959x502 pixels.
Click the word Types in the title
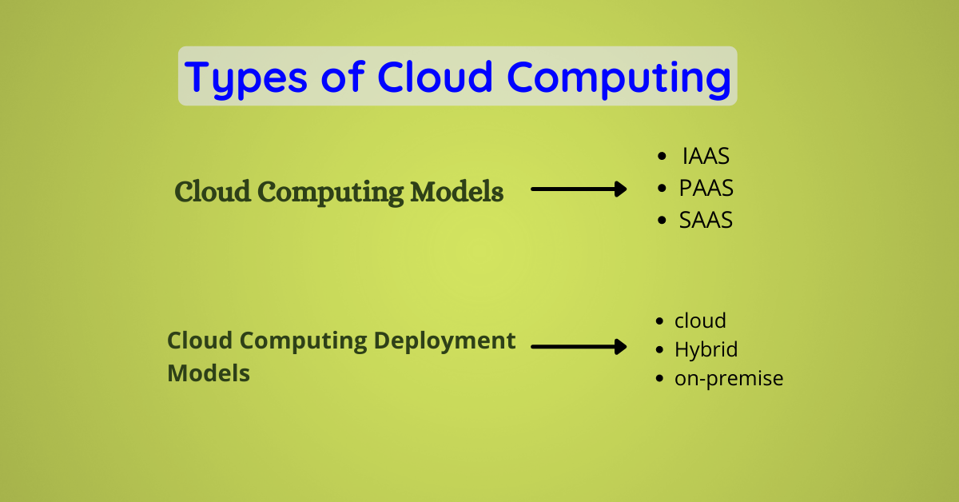246,79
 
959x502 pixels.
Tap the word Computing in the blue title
619,79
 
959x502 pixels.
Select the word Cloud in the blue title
435,77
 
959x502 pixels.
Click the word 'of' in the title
343,77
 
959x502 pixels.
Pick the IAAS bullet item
706,156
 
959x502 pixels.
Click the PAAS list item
706,188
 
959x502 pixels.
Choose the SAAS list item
706,220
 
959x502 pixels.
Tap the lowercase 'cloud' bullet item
700,321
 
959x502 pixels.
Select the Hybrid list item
706,349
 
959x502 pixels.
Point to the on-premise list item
729,379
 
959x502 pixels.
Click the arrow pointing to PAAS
579,189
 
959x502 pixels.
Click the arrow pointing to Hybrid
579,346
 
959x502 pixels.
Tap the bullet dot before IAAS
662,156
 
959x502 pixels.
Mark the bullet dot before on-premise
659,379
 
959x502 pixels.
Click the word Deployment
444,342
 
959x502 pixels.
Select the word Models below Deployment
209,373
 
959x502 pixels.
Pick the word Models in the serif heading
457,192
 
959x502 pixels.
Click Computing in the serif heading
331,193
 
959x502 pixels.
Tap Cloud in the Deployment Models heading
200,341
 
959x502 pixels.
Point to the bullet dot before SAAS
662,220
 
